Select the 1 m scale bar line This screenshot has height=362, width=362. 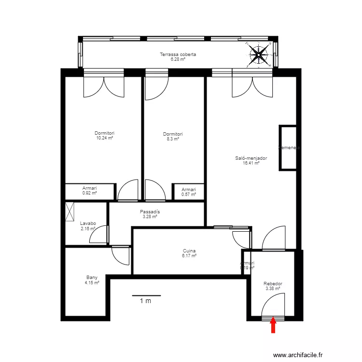click(x=146, y=295)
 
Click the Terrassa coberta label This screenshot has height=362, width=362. click(x=178, y=55)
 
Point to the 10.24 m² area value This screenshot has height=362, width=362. click(x=105, y=138)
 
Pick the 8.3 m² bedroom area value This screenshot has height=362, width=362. click(x=173, y=139)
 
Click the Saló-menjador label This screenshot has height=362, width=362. click(x=251, y=158)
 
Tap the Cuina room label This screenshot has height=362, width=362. click(x=189, y=251)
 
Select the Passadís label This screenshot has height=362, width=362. click(x=150, y=212)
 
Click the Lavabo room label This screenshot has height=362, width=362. click(x=88, y=223)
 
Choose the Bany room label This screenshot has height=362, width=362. click(x=92, y=278)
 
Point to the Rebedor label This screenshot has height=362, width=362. click(x=273, y=284)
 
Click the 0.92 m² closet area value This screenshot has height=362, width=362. click(x=90, y=193)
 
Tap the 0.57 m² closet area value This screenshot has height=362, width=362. click(x=189, y=195)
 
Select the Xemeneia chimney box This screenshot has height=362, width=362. click(x=288, y=148)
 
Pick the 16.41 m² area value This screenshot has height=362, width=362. click(x=251, y=163)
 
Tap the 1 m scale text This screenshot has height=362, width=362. click(x=145, y=301)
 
